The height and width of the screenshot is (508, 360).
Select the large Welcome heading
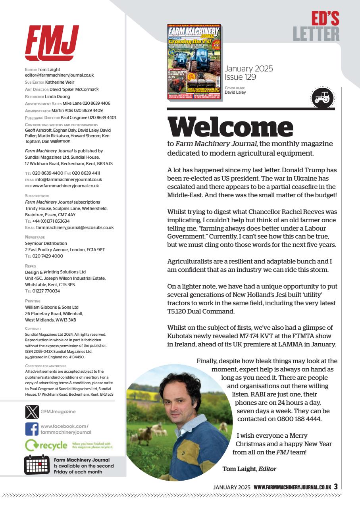coord(230,127)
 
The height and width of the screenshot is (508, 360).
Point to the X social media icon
coord(31,412)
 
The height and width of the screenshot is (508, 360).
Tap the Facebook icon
coord(31,429)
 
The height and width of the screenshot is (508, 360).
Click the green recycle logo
coord(46,445)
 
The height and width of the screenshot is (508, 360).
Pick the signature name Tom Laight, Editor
coord(249,469)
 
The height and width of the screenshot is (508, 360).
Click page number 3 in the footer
coord(335,487)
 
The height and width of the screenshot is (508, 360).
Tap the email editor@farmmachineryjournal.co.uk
coord(59,75)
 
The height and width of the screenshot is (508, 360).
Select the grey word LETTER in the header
coord(316,34)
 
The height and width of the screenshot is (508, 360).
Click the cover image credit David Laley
coord(235,92)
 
